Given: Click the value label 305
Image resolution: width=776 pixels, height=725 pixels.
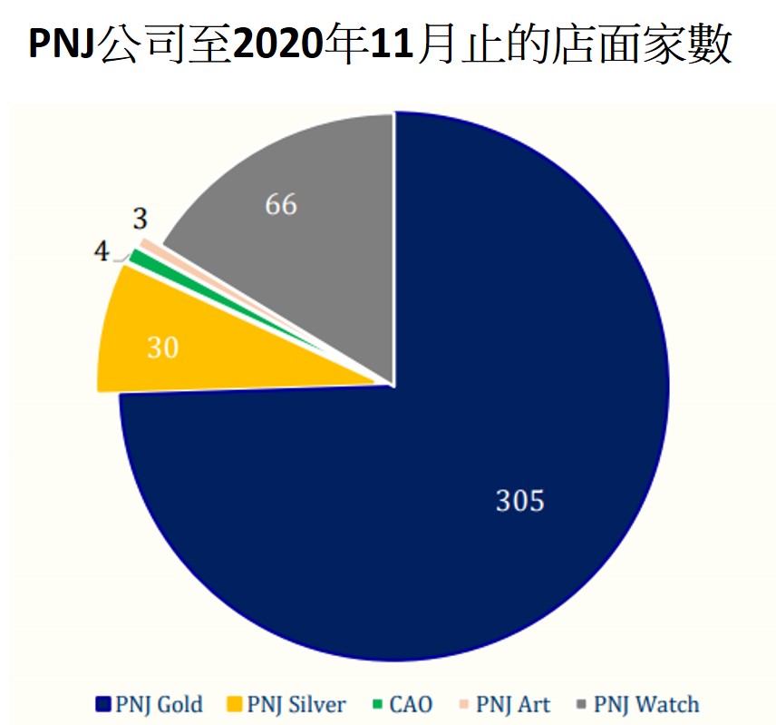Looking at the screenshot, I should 519,500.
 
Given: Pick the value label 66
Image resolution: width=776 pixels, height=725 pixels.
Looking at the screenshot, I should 281,205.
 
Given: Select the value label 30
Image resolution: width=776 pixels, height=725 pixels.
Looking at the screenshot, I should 162,348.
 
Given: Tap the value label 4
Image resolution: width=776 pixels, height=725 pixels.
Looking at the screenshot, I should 102,250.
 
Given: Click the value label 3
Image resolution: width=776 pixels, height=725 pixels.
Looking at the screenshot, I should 140,219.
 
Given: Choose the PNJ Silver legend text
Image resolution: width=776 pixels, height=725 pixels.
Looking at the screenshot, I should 296,704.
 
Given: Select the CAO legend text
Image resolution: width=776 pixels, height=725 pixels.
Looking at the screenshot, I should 411,704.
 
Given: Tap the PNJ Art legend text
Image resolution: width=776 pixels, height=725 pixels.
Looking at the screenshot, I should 513,704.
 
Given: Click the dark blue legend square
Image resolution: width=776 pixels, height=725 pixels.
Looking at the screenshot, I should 102,705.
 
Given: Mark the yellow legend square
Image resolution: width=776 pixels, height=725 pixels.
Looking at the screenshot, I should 232,705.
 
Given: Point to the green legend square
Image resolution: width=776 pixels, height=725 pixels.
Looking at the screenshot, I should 375,705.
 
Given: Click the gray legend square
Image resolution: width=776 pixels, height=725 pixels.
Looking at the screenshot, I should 581,705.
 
